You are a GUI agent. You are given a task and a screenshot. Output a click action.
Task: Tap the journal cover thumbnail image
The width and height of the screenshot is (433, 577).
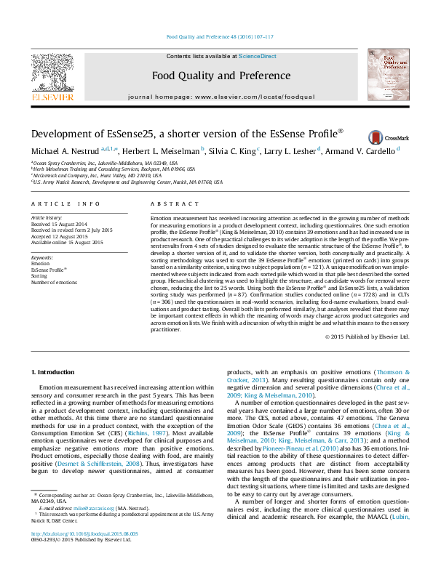386,75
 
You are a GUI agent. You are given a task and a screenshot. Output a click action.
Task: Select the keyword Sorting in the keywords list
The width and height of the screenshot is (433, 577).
39,276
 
